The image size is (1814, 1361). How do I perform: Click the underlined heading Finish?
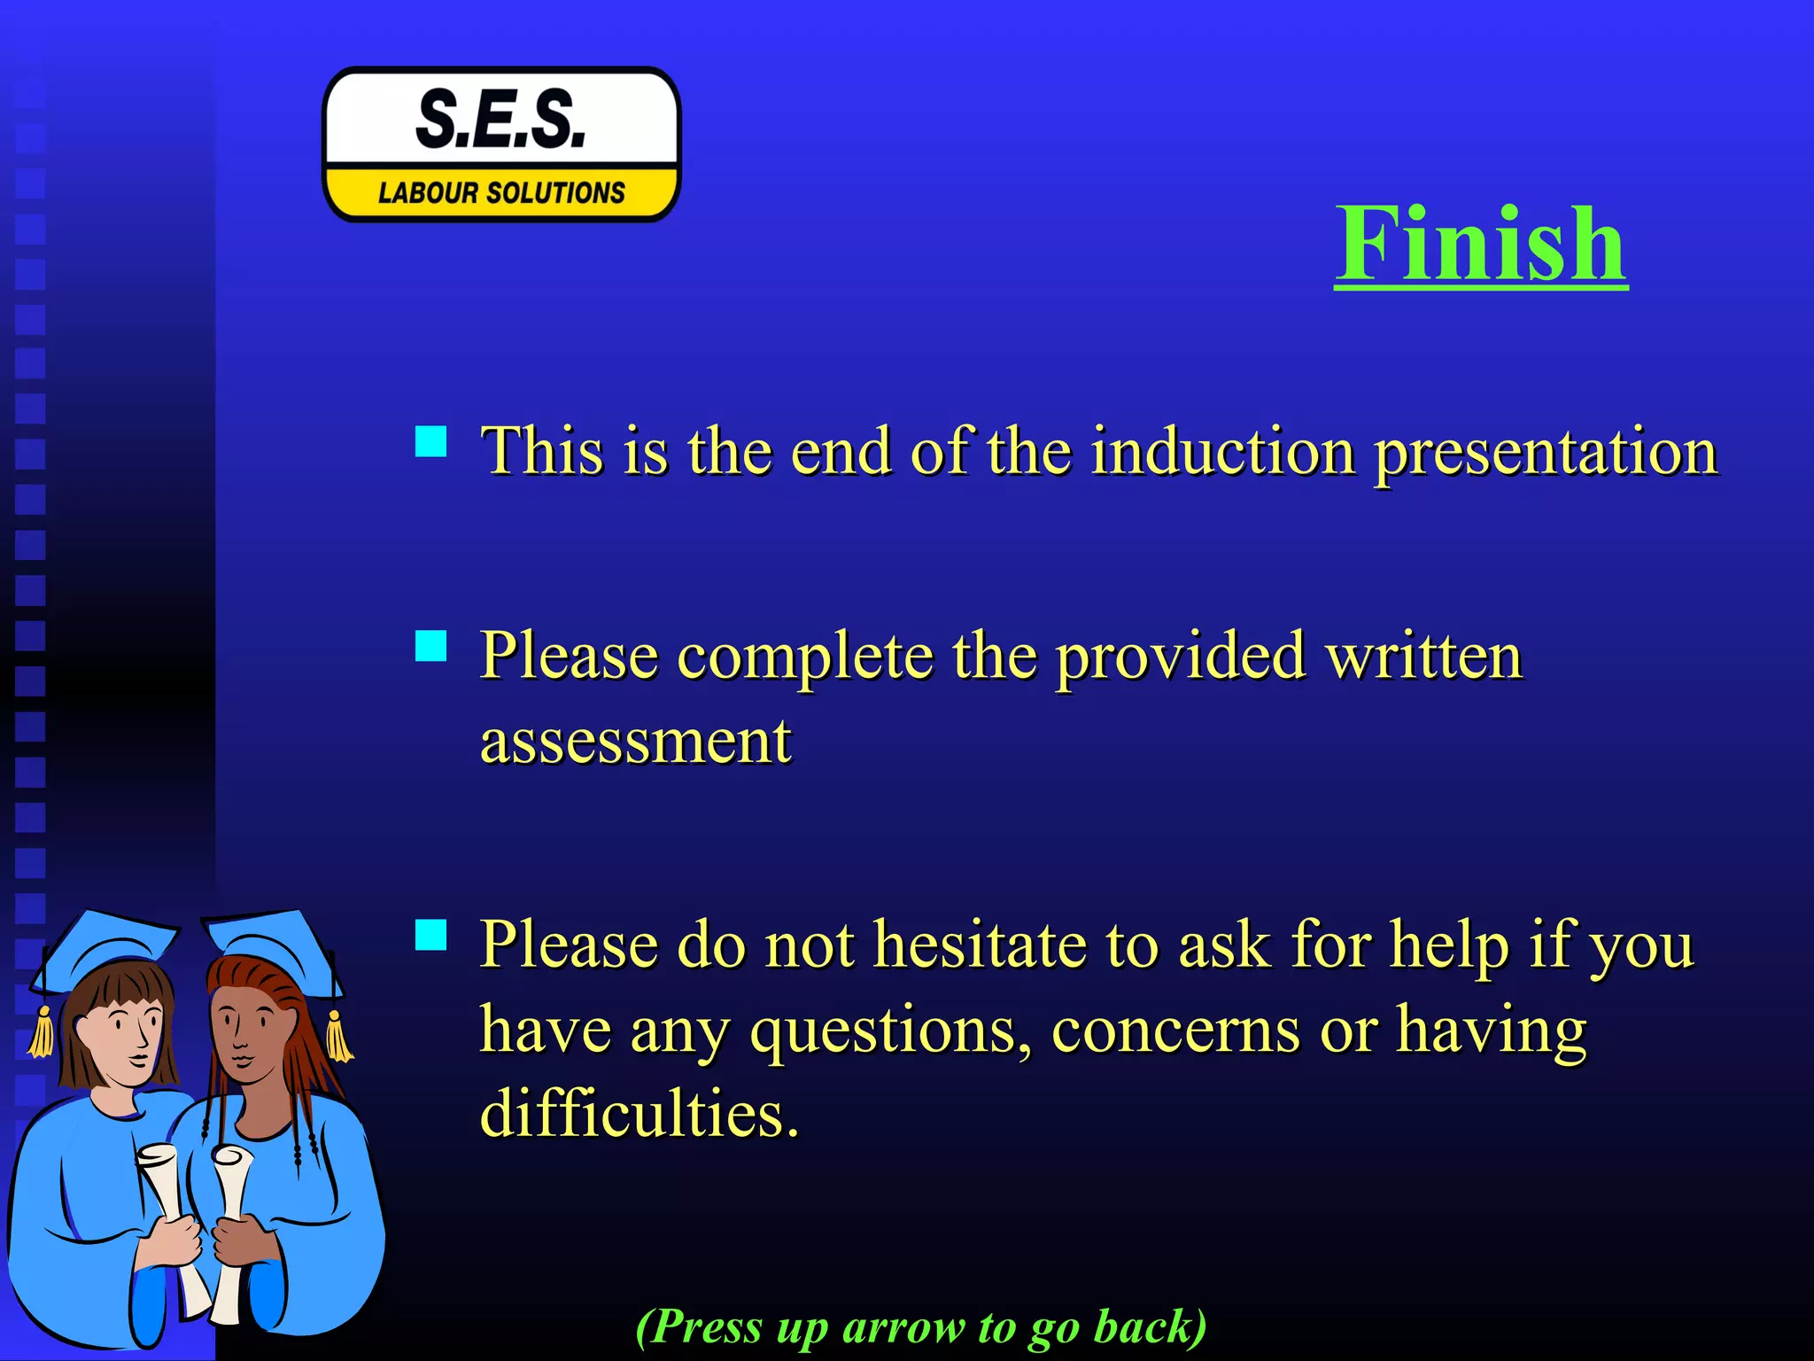(x=1481, y=243)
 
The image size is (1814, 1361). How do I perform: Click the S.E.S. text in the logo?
(x=501, y=120)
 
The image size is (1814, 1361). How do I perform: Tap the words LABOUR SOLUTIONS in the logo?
(x=501, y=192)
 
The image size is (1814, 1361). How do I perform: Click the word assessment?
(x=635, y=741)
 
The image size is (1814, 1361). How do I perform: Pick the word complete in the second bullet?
(x=805, y=658)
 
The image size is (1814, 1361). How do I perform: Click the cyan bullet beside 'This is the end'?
(x=431, y=441)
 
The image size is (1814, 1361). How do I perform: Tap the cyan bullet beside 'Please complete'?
(x=431, y=646)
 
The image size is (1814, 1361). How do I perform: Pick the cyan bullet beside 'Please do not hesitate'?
(x=431, y=934)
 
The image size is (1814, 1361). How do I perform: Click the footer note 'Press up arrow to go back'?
(x=921, y=1327)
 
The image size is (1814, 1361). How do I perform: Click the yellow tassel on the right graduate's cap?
(x=337, y=1036)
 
